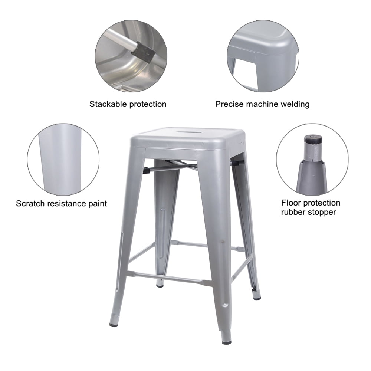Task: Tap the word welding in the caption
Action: pyautogui.click(x=295, y=104)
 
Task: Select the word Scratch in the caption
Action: pyautogui.click(x=30, y=203)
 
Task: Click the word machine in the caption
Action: pyautogui.click(x=262, y=104)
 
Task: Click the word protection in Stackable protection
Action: pyautogui.click(x=147, y=105)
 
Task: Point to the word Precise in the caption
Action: pyautogui.click(x=229, y=104)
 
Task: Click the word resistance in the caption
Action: pyautogui.click(x=67, y=203)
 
